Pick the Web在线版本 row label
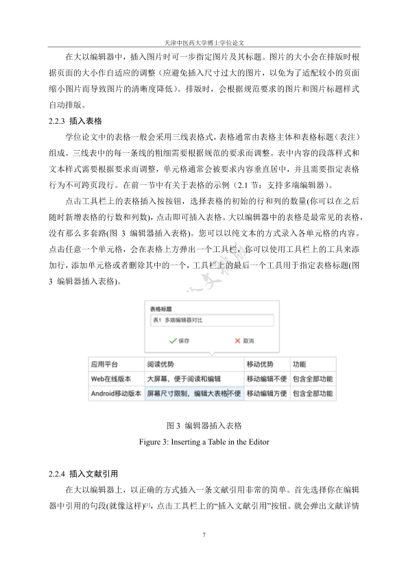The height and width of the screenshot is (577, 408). (112, 379)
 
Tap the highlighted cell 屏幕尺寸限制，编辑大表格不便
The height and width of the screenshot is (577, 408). (194, 393)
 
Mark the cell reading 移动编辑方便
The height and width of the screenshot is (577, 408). (266, 393)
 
